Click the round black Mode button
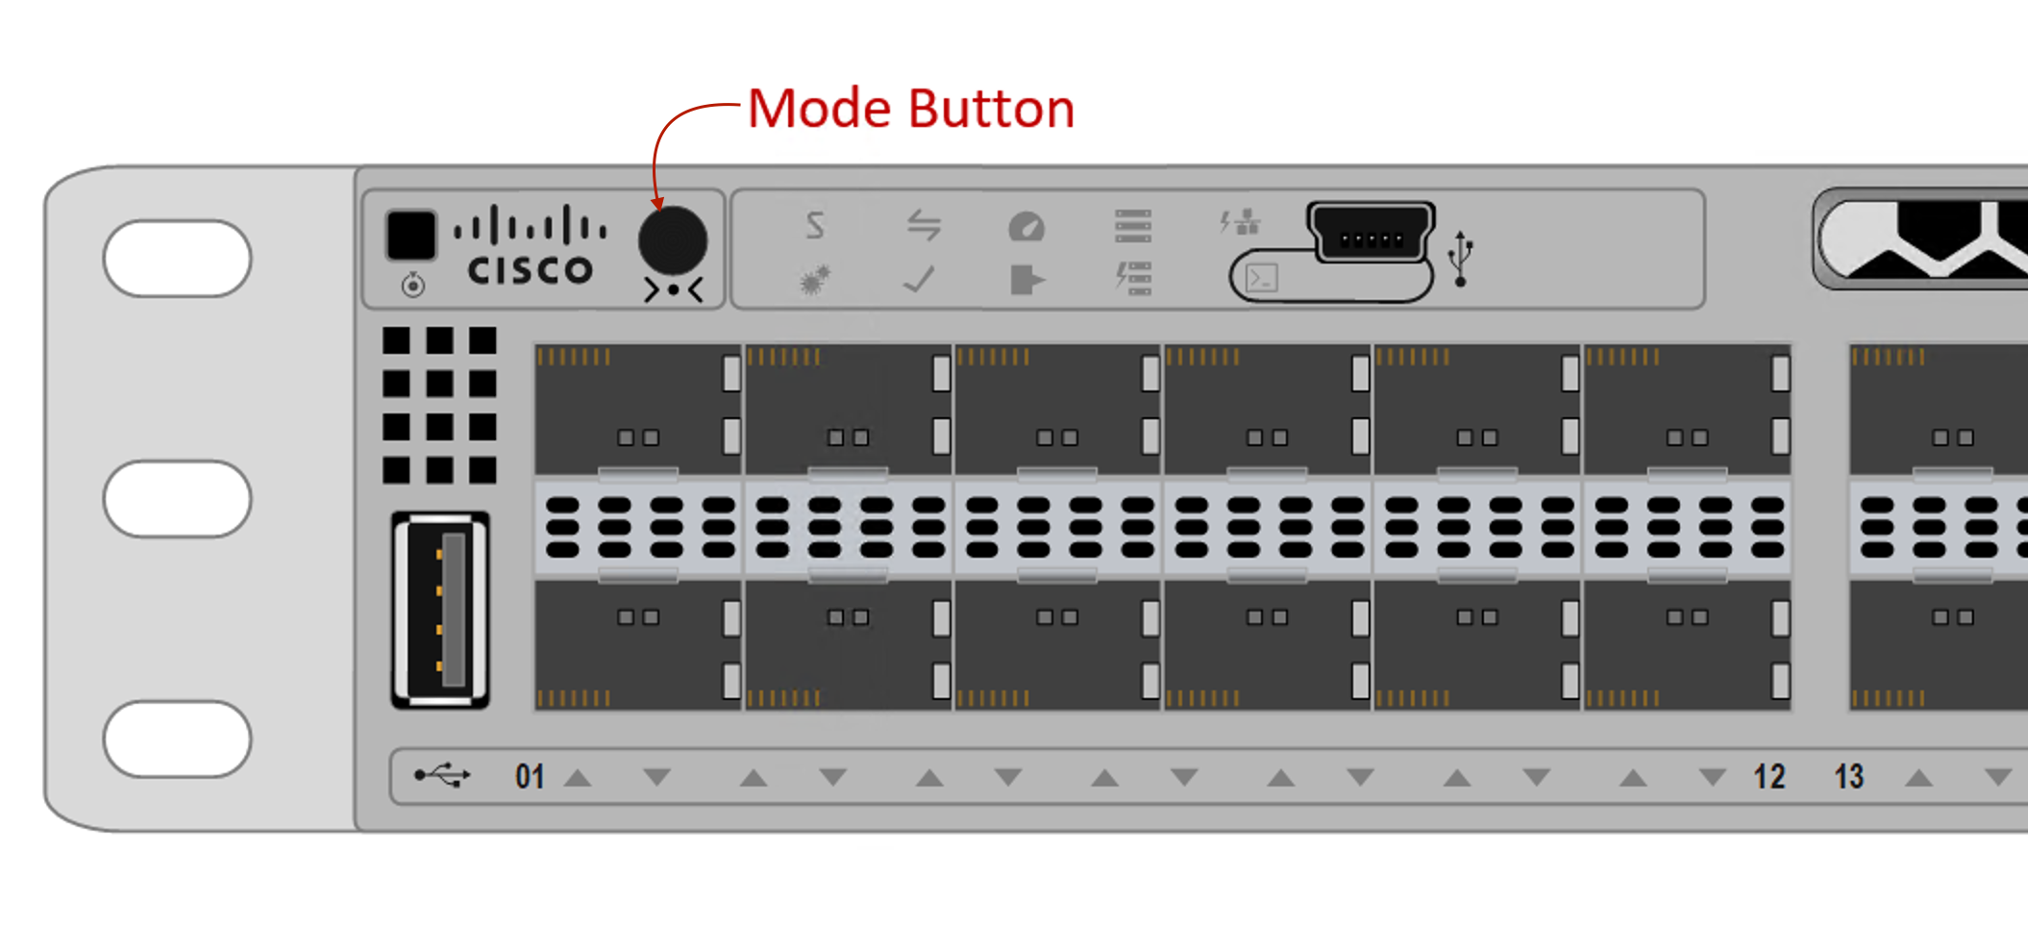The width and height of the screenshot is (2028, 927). tap(673, 240)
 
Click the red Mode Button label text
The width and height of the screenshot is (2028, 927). tap(910, 108)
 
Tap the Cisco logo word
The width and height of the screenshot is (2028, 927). tap(530, 270)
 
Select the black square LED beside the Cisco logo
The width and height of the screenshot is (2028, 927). tap(411, 235)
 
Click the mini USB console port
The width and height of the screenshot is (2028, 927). tap(1372, 233)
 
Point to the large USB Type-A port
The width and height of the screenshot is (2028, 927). tap(441, 611)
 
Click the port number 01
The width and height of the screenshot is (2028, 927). tap(530, 776)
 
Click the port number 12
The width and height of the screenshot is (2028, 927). tap(1768, 776)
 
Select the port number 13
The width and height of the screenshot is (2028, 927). tap(1848, 776)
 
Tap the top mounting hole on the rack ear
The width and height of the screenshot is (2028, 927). tap(178, 258)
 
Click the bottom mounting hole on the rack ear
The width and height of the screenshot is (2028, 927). tap(178, 739)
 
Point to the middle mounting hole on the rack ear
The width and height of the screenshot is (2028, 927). tap(178, 498)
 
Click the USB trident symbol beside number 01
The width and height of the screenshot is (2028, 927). tap(442, 775)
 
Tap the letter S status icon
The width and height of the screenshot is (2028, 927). tap(815, 225)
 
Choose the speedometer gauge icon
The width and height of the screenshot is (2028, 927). tap(1026, 227)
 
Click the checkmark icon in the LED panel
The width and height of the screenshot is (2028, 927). tap(919, 280)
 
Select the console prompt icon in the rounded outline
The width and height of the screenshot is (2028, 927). tap(1261, 279)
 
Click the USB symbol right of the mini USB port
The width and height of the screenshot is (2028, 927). tap(1461, 258)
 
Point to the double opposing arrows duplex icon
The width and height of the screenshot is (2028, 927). tap(924, 225)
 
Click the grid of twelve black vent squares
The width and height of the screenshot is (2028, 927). tap(439, 405)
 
